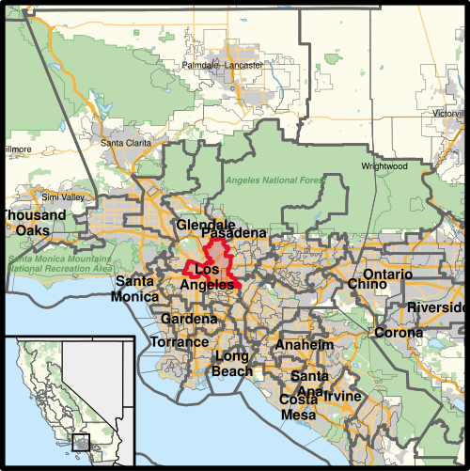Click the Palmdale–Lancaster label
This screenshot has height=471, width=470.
click(224, 65)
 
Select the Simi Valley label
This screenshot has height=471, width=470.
click(62, 197)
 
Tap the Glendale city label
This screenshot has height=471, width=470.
click(205, 226)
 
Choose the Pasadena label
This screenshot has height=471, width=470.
click(234, 233)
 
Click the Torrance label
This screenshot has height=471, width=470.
click(180, 342)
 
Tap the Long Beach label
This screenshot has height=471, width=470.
click(233, 364)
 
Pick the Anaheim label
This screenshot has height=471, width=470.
click(304, 345)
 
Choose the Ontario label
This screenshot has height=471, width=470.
click(387, 275)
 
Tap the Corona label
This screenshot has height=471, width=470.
click(399, 333)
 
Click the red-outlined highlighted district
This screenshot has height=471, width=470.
click(217, 264)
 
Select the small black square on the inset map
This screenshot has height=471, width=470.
click(82, 440)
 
